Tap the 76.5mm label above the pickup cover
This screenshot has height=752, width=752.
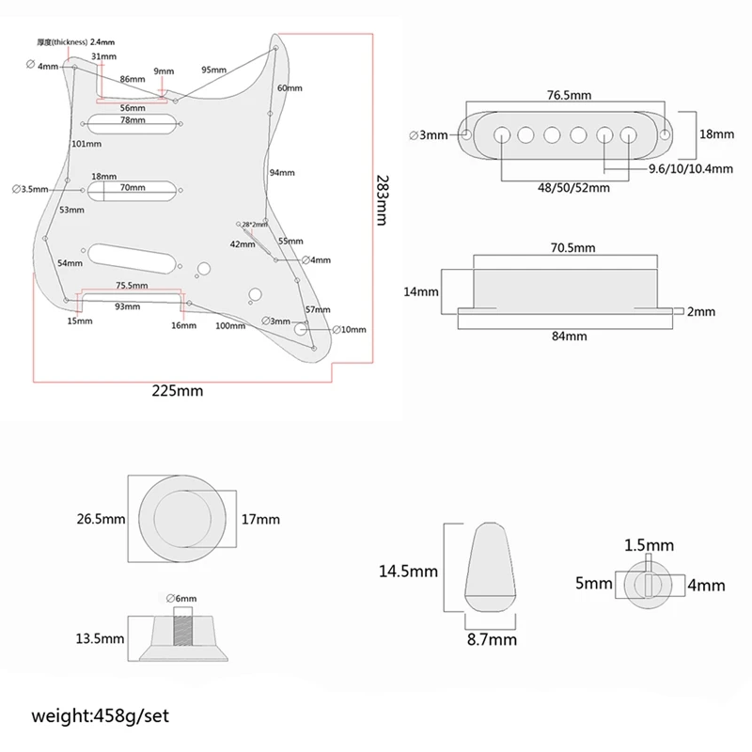(571, 96)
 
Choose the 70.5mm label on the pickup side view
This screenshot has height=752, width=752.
(572, 247)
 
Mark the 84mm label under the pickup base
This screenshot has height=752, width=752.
(569, 336)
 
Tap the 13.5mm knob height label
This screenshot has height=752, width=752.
(101, 638)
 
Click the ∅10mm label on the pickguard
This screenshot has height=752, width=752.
(349, 329)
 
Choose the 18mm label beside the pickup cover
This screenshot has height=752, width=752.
(717, 134)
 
